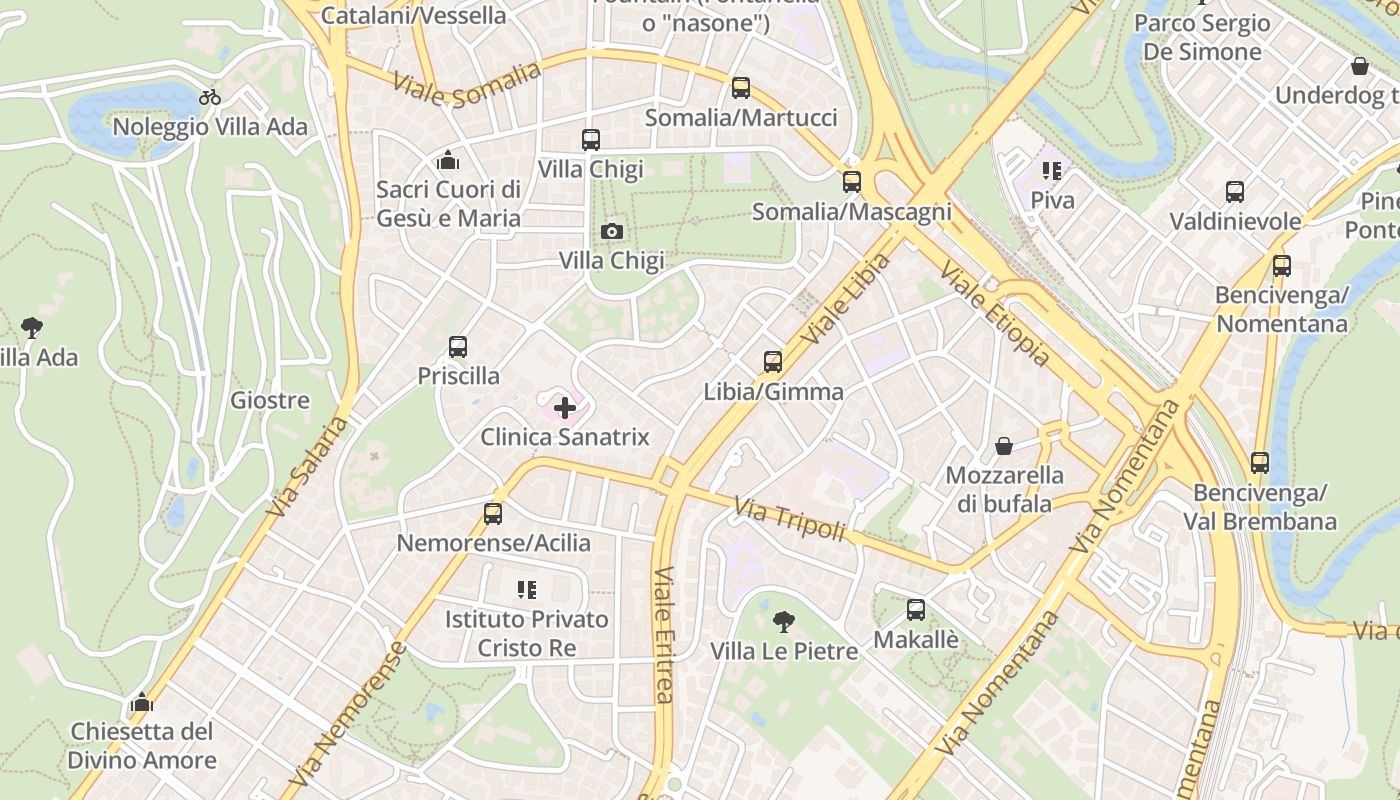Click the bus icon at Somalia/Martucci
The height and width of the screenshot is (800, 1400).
[x=741, y=88]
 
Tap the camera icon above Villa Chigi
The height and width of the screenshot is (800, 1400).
[x=612, y=232]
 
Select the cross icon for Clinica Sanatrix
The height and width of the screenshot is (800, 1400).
[x=565, y=407]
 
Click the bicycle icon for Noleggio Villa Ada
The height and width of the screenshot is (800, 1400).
[x=210, y=97]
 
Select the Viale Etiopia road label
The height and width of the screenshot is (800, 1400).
[x=994, y=314]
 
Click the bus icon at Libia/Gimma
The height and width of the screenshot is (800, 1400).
[x=773, y=362]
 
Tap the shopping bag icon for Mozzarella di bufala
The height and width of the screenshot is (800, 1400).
[x=1004, y=446]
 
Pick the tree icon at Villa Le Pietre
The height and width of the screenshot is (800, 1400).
[x=784, y=622]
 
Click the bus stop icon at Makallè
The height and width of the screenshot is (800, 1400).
[x=916, y=610]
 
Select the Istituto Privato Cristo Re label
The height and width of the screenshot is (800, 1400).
[x=527, y=633]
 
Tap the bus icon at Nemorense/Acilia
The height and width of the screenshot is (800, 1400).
[x=493, y=514]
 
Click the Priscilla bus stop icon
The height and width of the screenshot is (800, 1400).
[x=458, y=347]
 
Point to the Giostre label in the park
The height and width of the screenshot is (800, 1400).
[x=270, y=401]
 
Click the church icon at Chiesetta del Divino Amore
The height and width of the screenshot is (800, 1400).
[x=142, y=702]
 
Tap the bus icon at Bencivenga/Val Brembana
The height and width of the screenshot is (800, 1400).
[x=1260, y=463]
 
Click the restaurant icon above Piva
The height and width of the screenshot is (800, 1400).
[x=1051, y=171]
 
